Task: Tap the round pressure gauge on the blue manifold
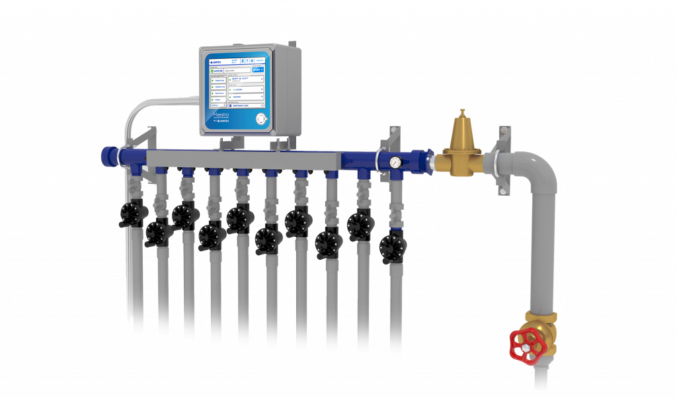point(395,161)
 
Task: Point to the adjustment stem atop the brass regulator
point(462,113)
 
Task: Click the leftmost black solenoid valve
point(130,213)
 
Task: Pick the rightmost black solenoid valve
point(392,247)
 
